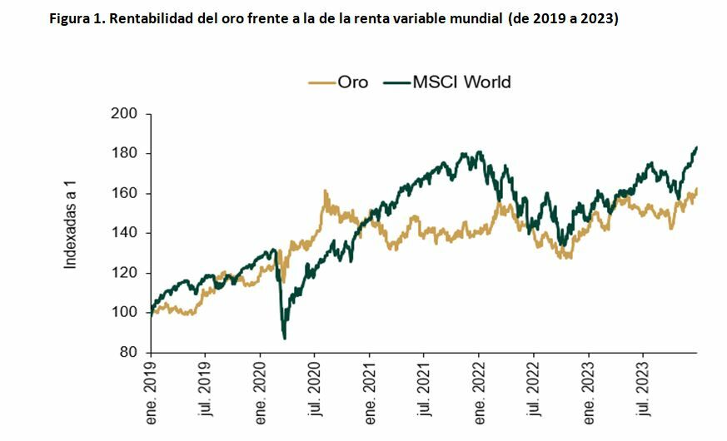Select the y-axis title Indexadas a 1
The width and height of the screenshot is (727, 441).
[x=72, y=228]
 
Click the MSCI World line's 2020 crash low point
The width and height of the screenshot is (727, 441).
[x=285, y=338]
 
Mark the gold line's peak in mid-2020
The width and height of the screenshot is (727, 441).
[x=325, y=191]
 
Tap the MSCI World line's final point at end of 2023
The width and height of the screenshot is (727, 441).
[x=696, y=147]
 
